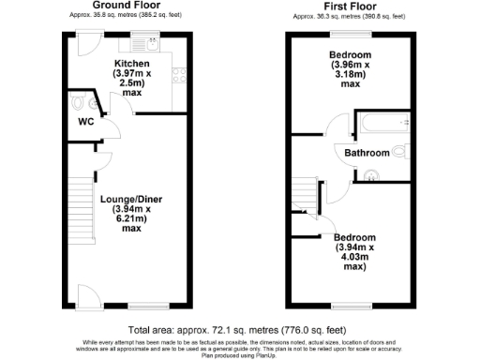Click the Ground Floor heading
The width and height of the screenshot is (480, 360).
[127, 5]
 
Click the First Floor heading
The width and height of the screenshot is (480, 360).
[348, 5]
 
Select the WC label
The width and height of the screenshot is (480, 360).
[84, 120]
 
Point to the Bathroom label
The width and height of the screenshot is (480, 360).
[367, 152]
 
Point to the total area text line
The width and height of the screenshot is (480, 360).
[239, 331]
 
